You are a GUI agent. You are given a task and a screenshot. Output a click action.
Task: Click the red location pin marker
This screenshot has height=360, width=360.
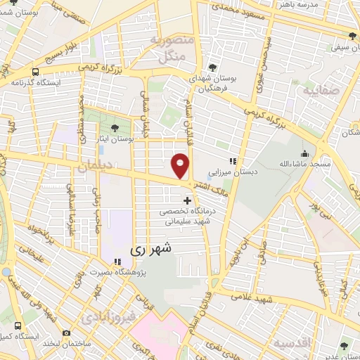181,165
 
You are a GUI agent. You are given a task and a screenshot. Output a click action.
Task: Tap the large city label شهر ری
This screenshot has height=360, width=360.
150,249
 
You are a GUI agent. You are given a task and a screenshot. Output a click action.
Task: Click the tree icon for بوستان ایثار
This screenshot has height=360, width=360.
115,128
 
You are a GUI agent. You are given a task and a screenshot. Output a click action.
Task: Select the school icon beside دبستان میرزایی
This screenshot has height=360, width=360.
233,160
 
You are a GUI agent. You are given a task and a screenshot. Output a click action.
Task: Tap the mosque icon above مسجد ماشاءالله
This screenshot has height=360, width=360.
304,153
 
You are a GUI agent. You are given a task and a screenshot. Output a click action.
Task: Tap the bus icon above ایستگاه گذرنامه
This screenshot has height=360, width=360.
35,71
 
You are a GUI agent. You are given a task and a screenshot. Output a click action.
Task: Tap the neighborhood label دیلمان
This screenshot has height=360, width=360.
95,169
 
